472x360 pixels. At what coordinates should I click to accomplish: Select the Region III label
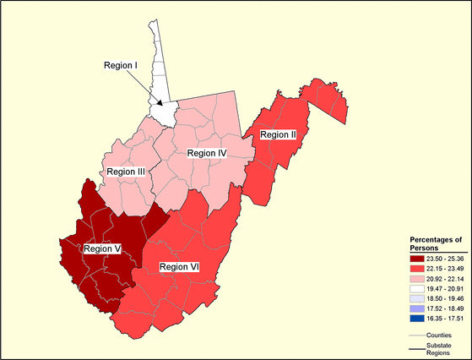(x=124, y=172)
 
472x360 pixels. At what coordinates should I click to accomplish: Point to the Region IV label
(x=207, y=153)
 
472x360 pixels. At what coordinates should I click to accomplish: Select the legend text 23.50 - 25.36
(x=448, y=259)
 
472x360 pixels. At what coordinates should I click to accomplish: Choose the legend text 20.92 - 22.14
(x=448, y=278)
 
